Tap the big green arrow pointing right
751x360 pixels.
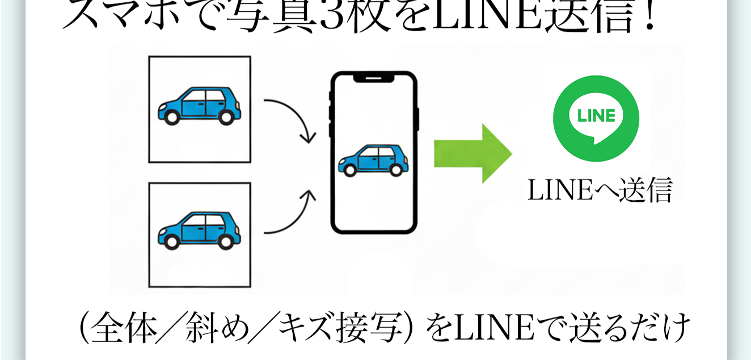pyautogui.click(x=472, y=153)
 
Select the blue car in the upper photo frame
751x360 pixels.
pyautogui.click(x=199, y=105)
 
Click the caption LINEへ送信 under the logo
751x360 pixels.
pyautogui.click(x=600, y=190)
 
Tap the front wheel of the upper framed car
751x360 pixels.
pyautogui.click(x=171, y=117)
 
